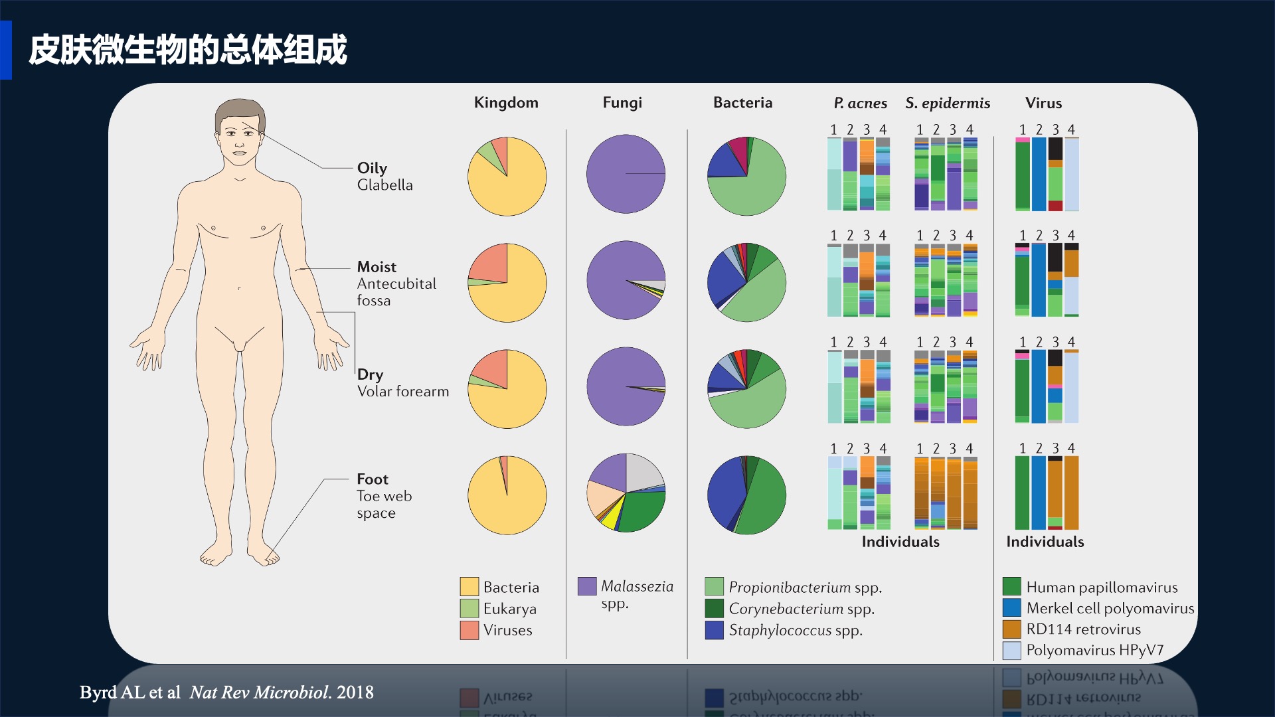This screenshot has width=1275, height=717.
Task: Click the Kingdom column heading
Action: click(x=506, y=103)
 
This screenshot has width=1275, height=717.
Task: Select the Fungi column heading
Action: click(x=622, y=103)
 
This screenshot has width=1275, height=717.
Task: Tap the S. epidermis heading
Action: click(x=948, y=103)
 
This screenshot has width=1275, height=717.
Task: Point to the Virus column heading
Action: click(x=1043, y=103)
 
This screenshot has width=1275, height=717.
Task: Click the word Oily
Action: click(x=372, y=169)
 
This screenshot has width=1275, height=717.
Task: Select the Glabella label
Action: click(x=385, y=185)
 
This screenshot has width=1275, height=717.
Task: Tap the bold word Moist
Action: click(x=377, y=267)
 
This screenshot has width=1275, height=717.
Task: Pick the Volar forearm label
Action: click(x=403, y=392)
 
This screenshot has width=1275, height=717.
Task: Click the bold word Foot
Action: click(x=373, y=479)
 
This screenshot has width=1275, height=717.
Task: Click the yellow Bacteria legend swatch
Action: click(x=469, y=587)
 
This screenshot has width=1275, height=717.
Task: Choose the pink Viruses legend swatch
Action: click(x=469, y=630)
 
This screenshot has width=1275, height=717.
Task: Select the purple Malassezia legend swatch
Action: click(x=587, y=586)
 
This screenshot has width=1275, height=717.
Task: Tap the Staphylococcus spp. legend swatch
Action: click(x=715, y=630)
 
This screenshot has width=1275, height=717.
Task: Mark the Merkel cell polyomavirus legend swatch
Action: click(x=1012, y=608)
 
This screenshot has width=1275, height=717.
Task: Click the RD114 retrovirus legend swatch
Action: click(x=1012, y=629)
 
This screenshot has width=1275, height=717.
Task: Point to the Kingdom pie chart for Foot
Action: click(x=507, y=495)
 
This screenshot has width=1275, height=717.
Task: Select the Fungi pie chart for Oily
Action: click(x=626, y=174)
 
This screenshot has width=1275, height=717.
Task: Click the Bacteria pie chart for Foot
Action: click(x=747, y=495)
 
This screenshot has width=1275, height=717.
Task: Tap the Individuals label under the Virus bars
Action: click(x=1045, y=542)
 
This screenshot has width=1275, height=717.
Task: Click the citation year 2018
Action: click(x=355, y=692)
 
